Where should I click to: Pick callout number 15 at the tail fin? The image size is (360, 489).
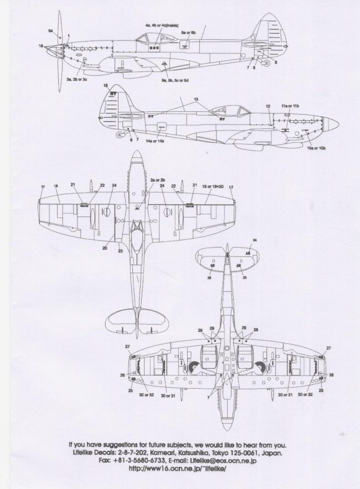pos(105,86)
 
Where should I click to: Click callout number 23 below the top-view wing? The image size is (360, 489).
pos(121,251)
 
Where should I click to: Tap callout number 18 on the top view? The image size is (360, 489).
pos(56,186)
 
